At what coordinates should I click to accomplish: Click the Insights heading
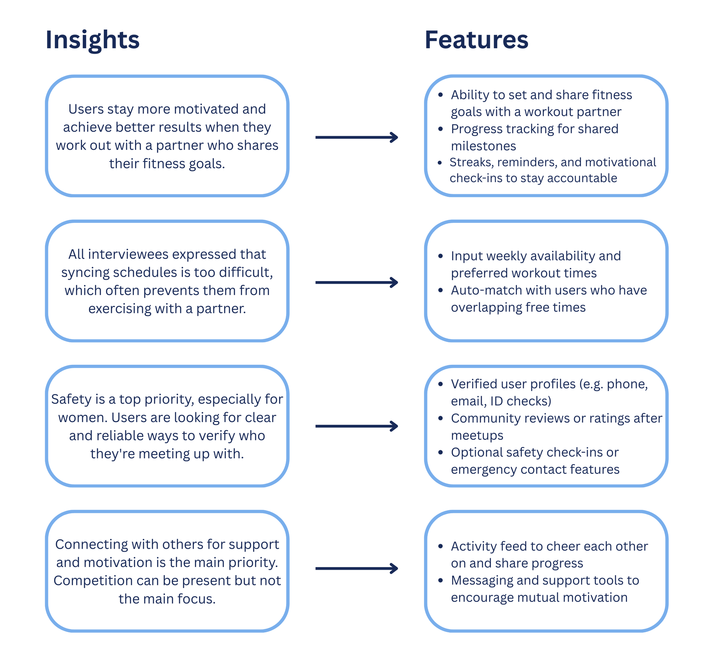point(93,40)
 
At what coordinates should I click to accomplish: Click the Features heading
point(477,40)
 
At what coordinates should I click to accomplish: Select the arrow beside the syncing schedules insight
point(357,282)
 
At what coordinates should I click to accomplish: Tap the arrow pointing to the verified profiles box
point(357,426)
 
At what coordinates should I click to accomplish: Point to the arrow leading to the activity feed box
point(357,568)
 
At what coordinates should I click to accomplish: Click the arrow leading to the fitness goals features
point(357,137)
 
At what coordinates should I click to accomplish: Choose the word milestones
point(483,146)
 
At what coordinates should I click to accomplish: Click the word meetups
point(477,435)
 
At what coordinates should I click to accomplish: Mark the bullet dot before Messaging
point(441,581)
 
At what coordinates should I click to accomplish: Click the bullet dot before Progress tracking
point(441,129)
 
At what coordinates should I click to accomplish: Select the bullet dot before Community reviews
point(441,419)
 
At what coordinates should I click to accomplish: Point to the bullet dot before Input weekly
point(441,256)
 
